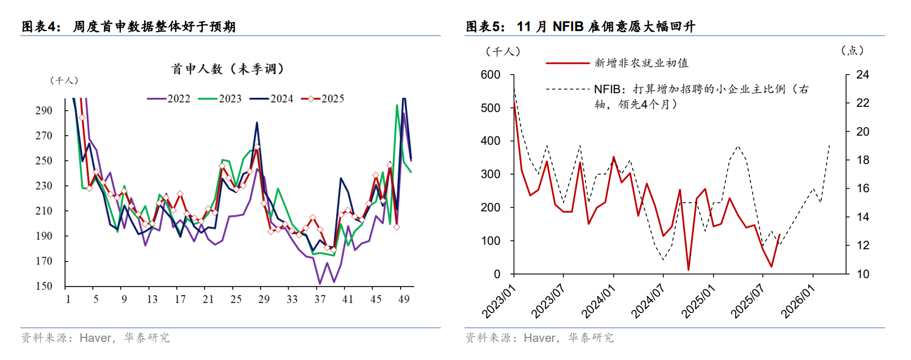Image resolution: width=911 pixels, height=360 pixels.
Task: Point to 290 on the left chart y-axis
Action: [x=44, y=110]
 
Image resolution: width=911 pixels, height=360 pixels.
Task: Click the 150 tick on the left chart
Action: [x=44, y=286]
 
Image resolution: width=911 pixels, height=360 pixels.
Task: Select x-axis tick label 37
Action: [x=320, y=299]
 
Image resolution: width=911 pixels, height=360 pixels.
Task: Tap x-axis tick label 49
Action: [x=404, y=299]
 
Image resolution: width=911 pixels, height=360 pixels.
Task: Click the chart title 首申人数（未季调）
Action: [x=228, y=69]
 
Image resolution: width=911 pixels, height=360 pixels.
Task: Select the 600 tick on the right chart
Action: [x=490, y=75]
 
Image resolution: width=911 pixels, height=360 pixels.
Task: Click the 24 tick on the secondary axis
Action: [x=862, y=75]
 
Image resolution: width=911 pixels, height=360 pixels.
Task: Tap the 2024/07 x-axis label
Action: [x=648, y=301]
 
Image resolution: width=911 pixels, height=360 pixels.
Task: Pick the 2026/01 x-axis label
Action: [x=798, y=301]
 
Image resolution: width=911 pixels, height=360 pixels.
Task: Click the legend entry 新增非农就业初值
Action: [x=641, y=63]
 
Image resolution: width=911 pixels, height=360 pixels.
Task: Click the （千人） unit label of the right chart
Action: [x=502, y=51]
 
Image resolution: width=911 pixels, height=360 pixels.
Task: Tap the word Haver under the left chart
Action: [x=96, y=338]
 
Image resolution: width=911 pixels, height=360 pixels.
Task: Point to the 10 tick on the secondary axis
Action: [x=862, y=274]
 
